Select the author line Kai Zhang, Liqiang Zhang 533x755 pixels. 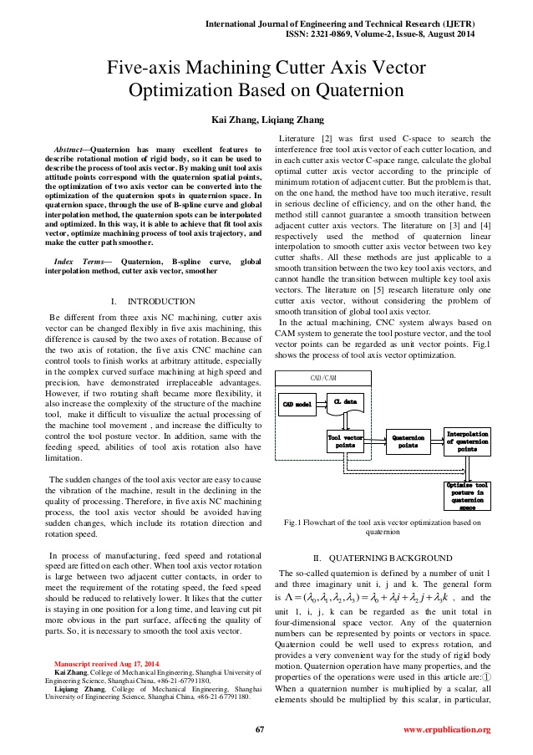click(266, 120)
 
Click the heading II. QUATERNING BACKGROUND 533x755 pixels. click(382, 557)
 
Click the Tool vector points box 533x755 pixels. click(344, 441)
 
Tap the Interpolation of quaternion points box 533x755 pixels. click(468, 441)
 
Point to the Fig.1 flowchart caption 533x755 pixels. click(383, 527)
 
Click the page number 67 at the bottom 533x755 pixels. click(260, 729)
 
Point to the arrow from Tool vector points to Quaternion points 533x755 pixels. click(375, 440)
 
